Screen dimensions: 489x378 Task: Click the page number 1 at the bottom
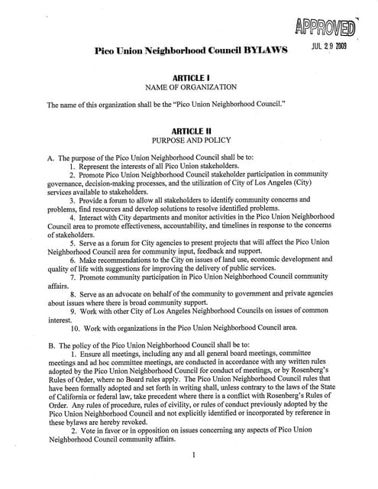point(195,456)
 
